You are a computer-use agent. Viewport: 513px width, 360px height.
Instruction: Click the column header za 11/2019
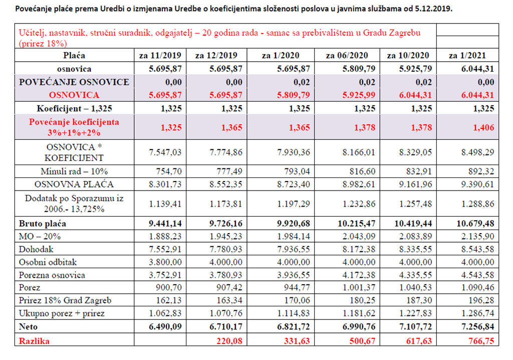pyautogui.click(x=160, y=55)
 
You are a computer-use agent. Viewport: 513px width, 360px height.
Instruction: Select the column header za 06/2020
pyautogui.click(x=347, y=55)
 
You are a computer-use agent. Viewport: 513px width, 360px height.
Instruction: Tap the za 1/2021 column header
pyautogui.click(x=467, y=55)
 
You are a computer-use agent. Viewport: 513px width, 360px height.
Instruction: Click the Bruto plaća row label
pyautogui.click(x=43, y=224)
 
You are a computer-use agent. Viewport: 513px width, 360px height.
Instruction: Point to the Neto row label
pyautogui.click(x=28, y=326)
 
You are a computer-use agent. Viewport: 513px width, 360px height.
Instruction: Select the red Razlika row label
pyautogui.click(x=34, y=341)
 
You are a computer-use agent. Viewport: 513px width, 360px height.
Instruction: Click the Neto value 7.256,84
pyautogui.click(x=477, y=326)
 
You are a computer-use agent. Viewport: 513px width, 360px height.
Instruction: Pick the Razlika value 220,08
pyautogui.click(x=229, y=341)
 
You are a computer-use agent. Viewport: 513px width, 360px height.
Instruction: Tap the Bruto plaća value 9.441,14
pyautogui.click(x=165, y=224)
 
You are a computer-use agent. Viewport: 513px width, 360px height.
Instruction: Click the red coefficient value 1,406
pyautogui.click(x=483, y=127)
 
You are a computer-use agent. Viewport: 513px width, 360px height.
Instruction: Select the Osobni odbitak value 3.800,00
pyautogui.click(x=165, y=262)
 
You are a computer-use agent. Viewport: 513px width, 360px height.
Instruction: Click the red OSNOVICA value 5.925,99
pyautogui.click(x=359, y=95)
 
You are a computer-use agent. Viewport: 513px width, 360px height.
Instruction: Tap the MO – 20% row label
pyautogui.click(x=40, y=237)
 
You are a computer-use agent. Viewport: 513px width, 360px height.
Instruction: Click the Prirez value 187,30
pyautogui.click(x=419, y=300)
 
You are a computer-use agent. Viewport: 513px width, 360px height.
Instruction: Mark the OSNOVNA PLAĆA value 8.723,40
pyautogui.click(x=294, y=185)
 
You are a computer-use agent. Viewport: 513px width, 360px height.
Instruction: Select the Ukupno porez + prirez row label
pyautogui.click(x=62, y=313)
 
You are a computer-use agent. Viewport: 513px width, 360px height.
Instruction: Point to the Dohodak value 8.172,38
pyautogui.click(x=359, y=249)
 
